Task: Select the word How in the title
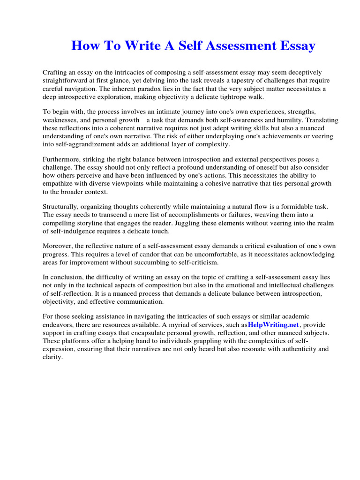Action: pos(83,46)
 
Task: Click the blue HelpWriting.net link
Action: pos(273,324)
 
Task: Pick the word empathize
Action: pos(60,183)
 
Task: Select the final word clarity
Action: pos(52,357)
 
